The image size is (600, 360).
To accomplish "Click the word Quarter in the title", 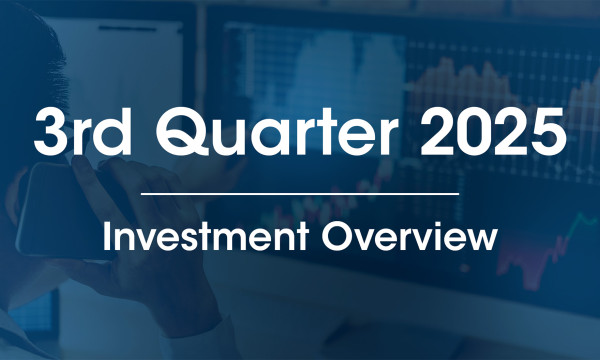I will (276, 133).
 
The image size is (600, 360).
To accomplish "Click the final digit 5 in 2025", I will (547, 133).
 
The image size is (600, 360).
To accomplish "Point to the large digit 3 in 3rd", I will (50, 133).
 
